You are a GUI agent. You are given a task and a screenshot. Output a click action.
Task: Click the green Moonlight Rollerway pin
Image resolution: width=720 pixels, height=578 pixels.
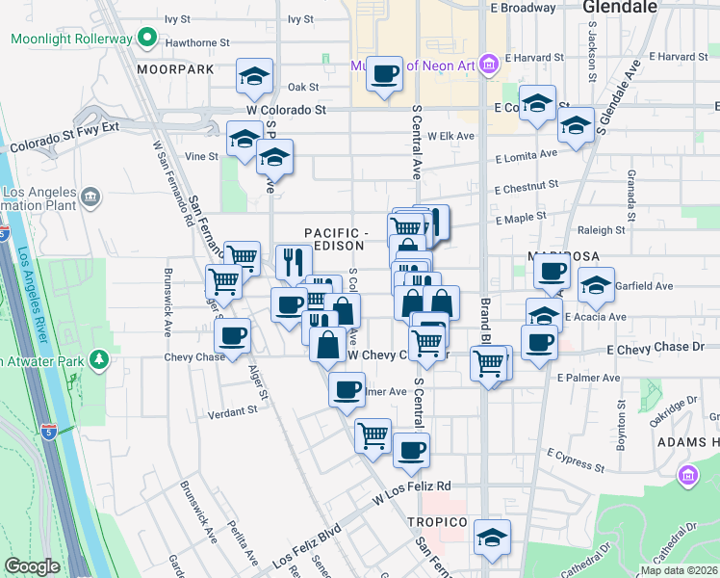[146, 39]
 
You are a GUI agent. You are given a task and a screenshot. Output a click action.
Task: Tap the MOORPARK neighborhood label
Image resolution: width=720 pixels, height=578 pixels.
[174, 70]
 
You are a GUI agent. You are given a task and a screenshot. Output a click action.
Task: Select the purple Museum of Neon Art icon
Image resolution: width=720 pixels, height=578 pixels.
[488, 65]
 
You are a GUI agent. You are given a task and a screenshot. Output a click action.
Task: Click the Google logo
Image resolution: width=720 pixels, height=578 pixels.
[32, 566]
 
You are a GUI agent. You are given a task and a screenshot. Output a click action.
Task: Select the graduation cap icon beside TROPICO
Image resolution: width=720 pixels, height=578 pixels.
[492, 536]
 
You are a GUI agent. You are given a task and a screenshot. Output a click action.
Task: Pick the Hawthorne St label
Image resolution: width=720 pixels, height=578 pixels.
[197, 43]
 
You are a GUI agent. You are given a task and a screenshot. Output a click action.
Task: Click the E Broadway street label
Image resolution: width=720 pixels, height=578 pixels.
[523, 8]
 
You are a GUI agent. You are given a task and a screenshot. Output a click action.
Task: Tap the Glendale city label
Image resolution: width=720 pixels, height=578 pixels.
[620, 8]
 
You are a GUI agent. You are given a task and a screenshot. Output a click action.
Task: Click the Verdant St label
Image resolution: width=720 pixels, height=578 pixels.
[233, 410]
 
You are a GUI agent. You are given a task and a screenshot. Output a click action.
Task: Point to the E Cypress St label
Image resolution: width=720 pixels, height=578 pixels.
[575, 460]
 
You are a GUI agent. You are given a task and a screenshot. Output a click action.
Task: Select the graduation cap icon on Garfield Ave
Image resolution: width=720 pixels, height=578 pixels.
[597, 284]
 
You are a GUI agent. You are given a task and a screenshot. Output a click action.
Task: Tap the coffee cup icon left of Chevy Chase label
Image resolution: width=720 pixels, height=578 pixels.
[232, 337]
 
